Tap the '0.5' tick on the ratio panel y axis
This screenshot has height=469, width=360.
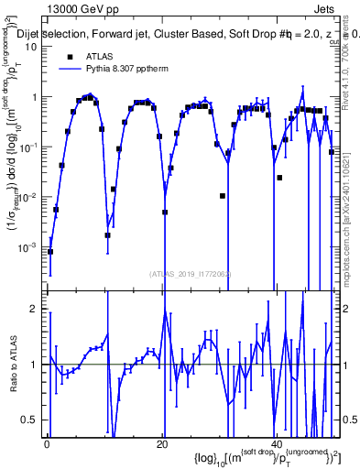pyautogui.click(x=31, y=420)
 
